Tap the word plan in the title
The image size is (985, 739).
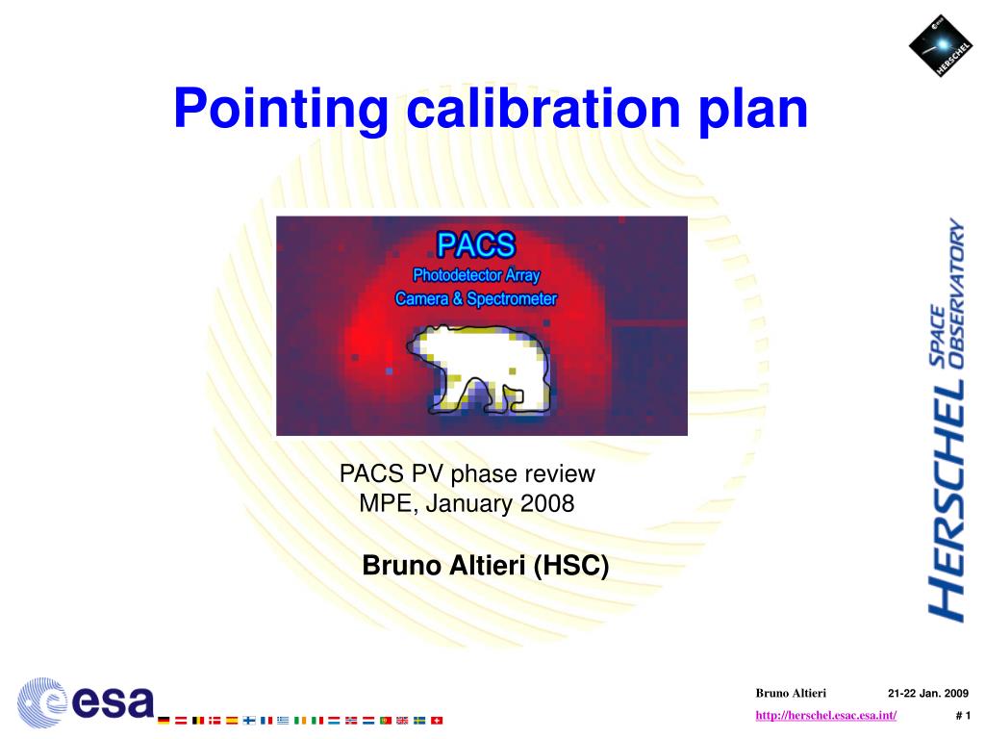tap(754, 109)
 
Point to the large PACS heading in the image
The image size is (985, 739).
tap(477, 244)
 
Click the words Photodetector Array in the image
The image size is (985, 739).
tap(476, 276)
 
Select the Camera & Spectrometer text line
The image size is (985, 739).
tap(476, 299)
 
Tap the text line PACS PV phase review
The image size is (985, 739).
tap(467, 473)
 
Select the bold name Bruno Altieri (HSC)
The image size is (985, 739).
tap(486, 566)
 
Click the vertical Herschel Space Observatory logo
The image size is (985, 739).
tap(947, 419)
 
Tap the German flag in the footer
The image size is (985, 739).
tap(164, 720)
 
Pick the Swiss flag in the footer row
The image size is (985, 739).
tap(436, 720)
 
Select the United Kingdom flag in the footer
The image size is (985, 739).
tap(402, 720)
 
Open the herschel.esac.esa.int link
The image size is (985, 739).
tap(826, 714)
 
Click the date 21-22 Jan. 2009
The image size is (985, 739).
tap(927, 693)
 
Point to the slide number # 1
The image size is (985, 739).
tap(963, 714)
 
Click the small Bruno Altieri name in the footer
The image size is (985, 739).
tap(784, 693)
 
